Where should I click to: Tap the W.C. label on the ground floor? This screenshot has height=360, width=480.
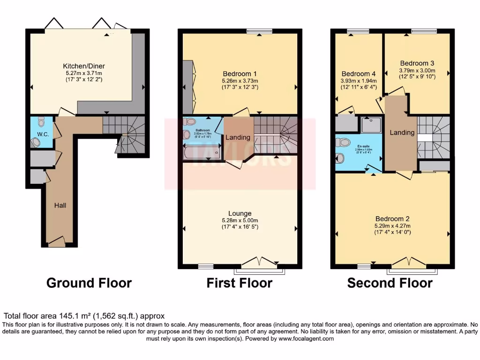[x=43, y=134]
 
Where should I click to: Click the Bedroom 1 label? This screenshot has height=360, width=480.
[x=239, y=74]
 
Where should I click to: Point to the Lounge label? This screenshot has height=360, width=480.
[x=240, y=213]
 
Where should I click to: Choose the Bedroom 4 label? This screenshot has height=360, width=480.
[x=359, y=74]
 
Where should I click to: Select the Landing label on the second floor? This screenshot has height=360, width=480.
[x=402, y=133]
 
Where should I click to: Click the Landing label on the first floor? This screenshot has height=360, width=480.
[x=238, y=137]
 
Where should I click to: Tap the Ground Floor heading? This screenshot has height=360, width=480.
[x=89, y=283]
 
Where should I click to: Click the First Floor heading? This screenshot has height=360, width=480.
[x=239, y=283]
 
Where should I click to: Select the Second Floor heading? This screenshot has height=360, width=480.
[x=390, y=283]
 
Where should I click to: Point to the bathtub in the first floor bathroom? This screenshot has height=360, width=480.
[x=202, y=153]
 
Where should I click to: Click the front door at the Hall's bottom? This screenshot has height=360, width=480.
[x=57, y=242]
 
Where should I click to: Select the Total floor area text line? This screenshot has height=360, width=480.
[x=84, y=316]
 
